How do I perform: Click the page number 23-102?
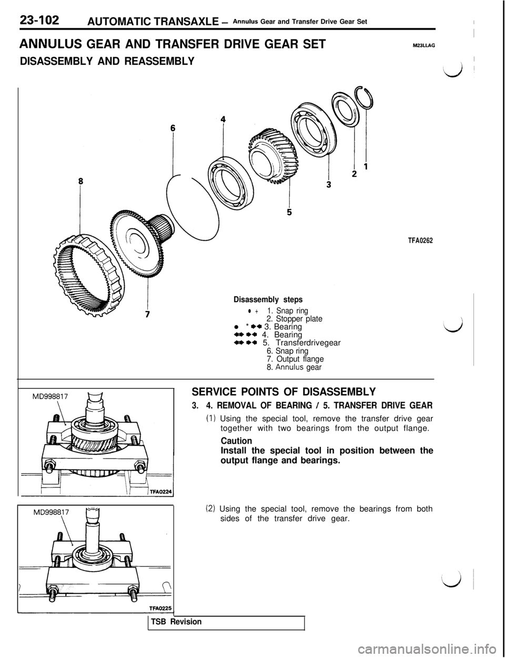coord(40,21)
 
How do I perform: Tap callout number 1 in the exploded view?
coord(365,166)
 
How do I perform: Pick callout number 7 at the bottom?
coord(148,314)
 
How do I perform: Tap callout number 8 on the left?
coord(80,180)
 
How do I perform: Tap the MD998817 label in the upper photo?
coord(44,395)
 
